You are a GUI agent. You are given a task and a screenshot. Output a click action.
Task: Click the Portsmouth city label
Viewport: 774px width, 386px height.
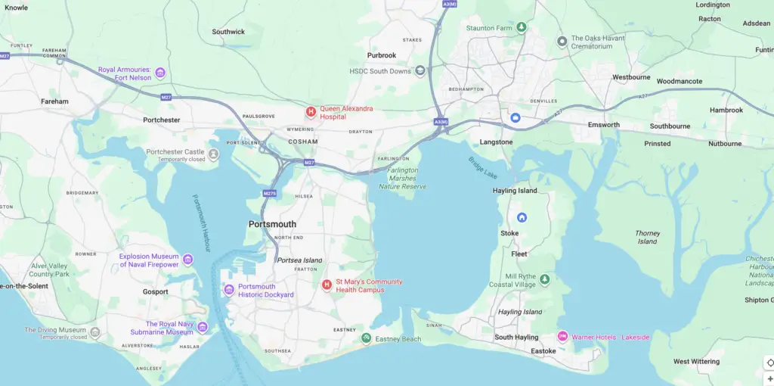[272, 224]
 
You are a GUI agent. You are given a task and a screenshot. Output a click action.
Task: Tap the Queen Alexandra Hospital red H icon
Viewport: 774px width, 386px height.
[310, 112]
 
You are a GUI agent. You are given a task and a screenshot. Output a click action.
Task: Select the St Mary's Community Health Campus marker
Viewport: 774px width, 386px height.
[327, 285]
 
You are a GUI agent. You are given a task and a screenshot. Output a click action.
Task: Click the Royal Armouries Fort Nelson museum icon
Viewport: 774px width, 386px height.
[159, 73]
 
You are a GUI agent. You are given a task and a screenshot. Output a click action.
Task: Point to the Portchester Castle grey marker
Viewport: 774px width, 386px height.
[214, 155]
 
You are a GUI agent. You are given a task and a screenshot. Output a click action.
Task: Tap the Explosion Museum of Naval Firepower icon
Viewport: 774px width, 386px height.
[188, 260]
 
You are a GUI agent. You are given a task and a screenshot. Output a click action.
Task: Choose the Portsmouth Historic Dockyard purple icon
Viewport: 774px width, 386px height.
[229, 290]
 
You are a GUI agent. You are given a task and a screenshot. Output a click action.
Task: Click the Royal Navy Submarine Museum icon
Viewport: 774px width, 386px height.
[203, 328]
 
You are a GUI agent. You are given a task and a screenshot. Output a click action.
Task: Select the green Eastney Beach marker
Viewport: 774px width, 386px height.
[366, 338]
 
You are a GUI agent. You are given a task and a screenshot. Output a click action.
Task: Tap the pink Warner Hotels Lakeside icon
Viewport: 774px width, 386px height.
[562, 337]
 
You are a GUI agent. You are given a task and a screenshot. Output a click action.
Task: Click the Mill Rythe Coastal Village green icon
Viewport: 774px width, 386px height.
[544, 280]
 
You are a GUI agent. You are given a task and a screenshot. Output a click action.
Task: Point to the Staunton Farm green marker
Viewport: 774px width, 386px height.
[521, 28]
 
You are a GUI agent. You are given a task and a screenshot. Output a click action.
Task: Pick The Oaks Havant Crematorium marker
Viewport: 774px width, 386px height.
[562, 42]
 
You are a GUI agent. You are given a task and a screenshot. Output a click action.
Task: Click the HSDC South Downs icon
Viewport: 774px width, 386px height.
[420, 71]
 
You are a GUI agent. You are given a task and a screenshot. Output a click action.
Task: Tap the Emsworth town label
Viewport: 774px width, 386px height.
[603, 125]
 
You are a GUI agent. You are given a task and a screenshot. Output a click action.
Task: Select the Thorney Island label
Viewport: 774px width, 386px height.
[647, 237]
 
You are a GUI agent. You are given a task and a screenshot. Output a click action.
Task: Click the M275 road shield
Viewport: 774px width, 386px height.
[270, 194]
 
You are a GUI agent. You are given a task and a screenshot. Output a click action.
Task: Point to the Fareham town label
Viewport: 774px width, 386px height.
[54, 101]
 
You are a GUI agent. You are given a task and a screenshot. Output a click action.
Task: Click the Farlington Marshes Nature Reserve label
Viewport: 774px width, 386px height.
[402, 179]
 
